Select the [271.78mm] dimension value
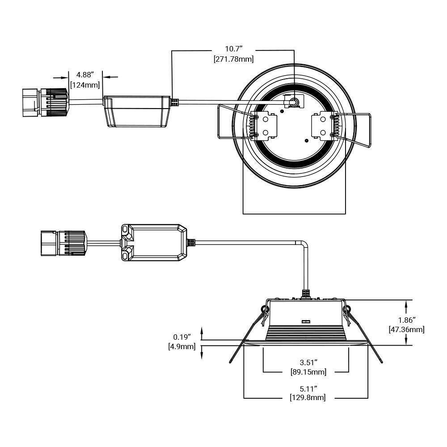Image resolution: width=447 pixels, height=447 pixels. tap(233, 59)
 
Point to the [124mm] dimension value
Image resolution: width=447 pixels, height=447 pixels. tap(85, 84)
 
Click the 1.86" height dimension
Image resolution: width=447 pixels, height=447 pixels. tap(407, 320)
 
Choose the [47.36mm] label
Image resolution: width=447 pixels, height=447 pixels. tap(407, 330)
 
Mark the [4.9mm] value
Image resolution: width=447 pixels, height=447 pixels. tap(182, 346)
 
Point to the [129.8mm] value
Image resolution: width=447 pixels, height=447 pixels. tap(306, 397)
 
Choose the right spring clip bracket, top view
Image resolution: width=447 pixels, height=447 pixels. tap(322, 126)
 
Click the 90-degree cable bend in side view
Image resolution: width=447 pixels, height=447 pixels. tap(303, 245)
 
